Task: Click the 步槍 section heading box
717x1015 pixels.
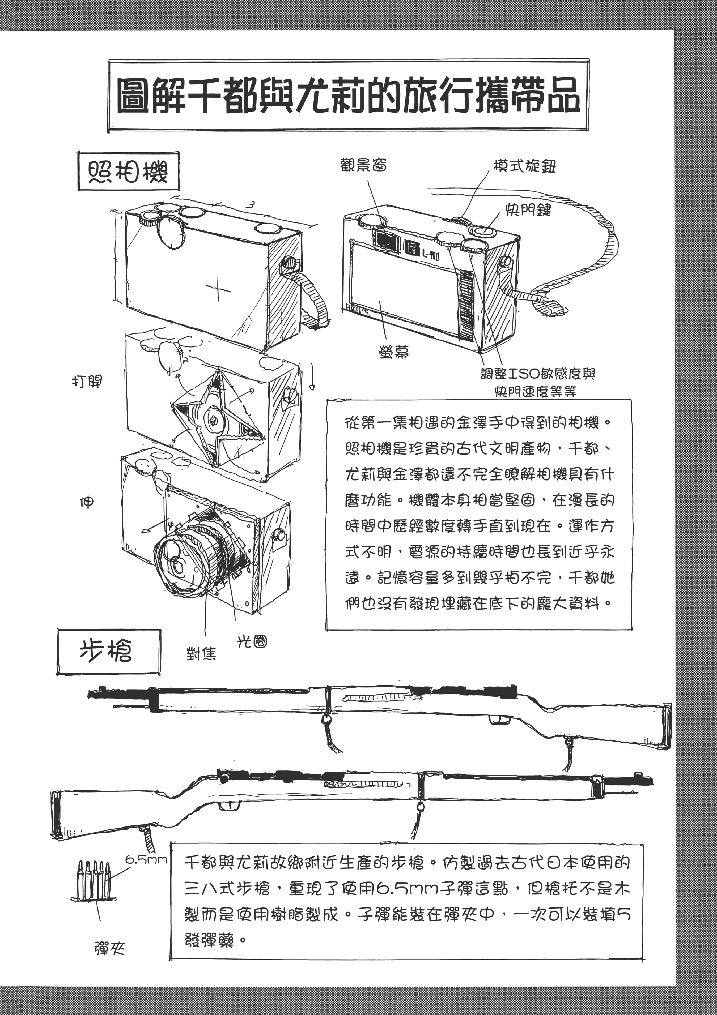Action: tap(108, 651)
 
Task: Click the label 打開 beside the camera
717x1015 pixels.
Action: tap(87, 381)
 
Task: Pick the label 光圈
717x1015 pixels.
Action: tap(252, 641)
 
